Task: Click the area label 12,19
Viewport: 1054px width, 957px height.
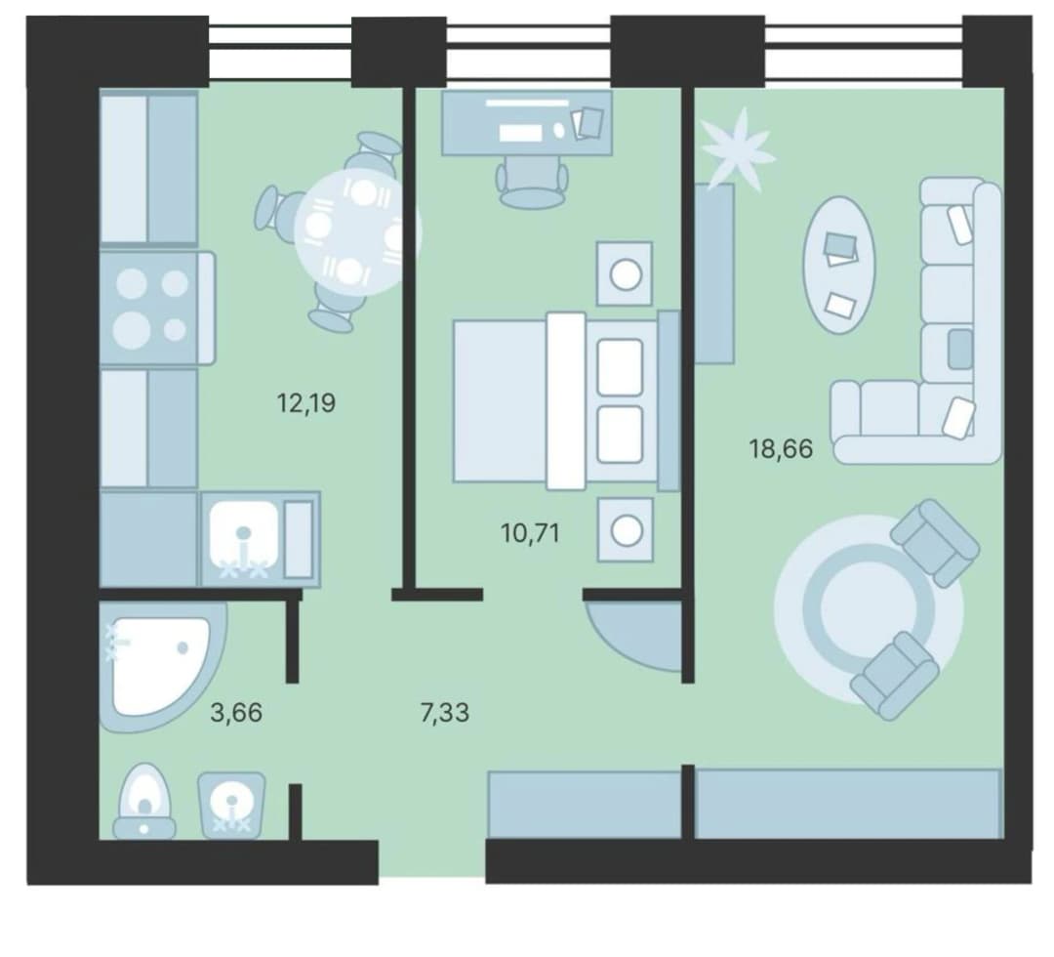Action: tap(305, 403)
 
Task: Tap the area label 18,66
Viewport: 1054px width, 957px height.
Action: tap(781, 448)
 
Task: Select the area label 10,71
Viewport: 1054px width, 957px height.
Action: tap(530, 533)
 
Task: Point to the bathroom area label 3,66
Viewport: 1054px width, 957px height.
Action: tap(236, 712)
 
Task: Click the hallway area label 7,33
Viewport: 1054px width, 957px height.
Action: tap(444, 712)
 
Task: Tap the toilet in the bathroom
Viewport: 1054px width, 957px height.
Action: tap(144, 801)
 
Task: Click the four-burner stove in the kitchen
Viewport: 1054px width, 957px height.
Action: tap(156, 308)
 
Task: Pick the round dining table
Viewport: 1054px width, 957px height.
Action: tap(356, 232)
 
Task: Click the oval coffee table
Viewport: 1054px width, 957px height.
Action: tap(839, 265)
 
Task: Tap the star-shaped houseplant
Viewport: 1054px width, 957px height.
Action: tap(738, 146)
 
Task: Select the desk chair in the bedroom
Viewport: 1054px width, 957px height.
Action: tap(532, 183)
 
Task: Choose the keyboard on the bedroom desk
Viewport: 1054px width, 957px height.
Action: tap(521, 133)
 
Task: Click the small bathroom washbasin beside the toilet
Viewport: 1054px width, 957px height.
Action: tap(231, 805)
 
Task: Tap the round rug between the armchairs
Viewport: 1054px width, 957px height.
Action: tap(869, 609)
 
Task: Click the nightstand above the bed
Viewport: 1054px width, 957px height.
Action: tap(626, 273)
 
